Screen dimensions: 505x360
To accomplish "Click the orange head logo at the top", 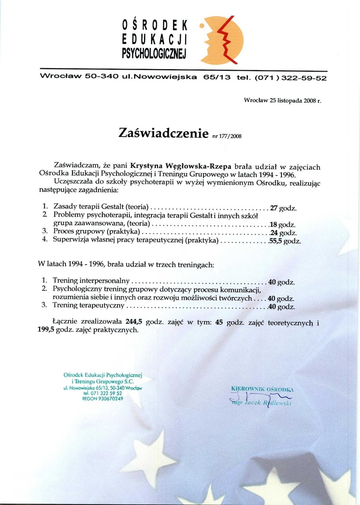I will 223,40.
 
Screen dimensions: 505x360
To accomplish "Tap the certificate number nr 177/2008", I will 227,136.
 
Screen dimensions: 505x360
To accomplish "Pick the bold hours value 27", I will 274,208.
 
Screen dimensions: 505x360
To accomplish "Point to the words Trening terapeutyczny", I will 88,306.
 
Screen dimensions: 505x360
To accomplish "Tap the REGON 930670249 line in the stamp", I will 102,399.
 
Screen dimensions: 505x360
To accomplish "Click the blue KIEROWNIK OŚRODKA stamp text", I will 262,389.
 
